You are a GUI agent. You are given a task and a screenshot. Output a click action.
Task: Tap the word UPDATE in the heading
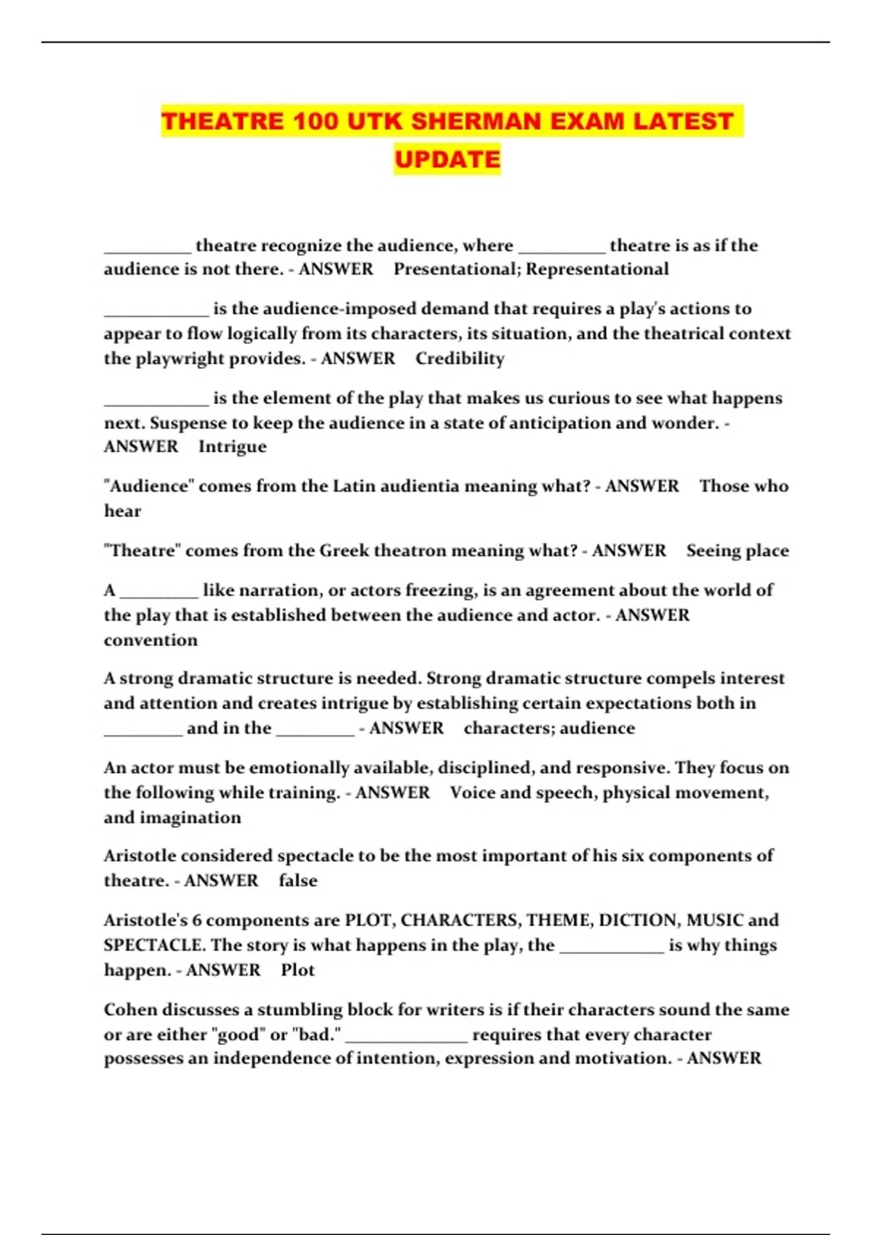pyautogui.click(x=448, y=159)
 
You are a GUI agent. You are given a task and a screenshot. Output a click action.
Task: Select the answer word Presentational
pyautogui.click(x=455, y=269)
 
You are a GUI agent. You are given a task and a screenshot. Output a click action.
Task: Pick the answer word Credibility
pyautogui.click(x=460, y=358)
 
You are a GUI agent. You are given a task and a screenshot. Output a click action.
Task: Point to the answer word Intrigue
pyautogui.click(x=233, y=447)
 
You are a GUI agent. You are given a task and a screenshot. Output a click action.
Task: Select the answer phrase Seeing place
pyautogui.click(x=738, y=551)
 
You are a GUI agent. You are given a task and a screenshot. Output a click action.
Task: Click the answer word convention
pyautogui.click(x=150, y=640)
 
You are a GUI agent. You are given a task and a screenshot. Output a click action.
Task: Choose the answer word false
pyautogui.click(x=298, y=880)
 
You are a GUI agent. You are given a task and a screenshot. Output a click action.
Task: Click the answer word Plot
pyautogui.click(x=298, y=971)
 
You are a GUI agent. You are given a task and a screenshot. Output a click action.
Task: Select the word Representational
pyautogui.click(x=597, y=269)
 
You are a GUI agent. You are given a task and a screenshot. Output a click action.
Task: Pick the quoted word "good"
pyautogui.click(x=240, y=1034)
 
